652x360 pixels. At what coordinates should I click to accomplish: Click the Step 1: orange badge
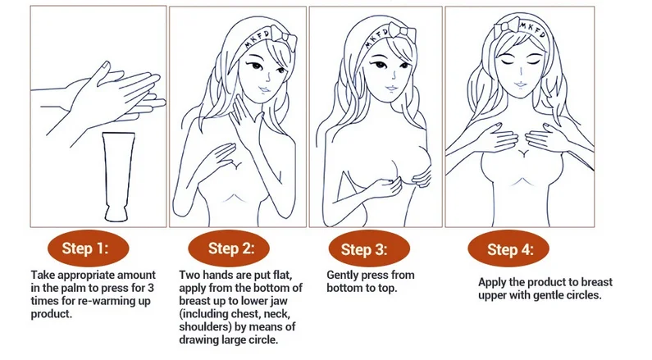[x=88, y=248]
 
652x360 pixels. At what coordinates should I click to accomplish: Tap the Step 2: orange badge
[x=229, y=248]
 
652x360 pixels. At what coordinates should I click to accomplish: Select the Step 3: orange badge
[x=369, y=248]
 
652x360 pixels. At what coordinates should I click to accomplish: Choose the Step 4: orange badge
[x=508, y=248]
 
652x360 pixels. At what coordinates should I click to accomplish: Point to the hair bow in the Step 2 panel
[x=285, y=39]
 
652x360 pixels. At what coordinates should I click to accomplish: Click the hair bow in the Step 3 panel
[x=404, y=34]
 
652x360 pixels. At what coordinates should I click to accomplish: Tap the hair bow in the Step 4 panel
[x=507, y=25]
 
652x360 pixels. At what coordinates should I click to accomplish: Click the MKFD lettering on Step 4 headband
[x=534, y=30]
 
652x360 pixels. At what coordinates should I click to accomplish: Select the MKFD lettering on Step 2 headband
[x=258, y=39]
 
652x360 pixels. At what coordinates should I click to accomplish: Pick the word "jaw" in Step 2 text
[x=280, y=301]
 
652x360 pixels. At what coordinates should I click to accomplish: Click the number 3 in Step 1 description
[x=151, y=288]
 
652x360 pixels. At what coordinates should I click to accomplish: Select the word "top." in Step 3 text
[x=387, y=288]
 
